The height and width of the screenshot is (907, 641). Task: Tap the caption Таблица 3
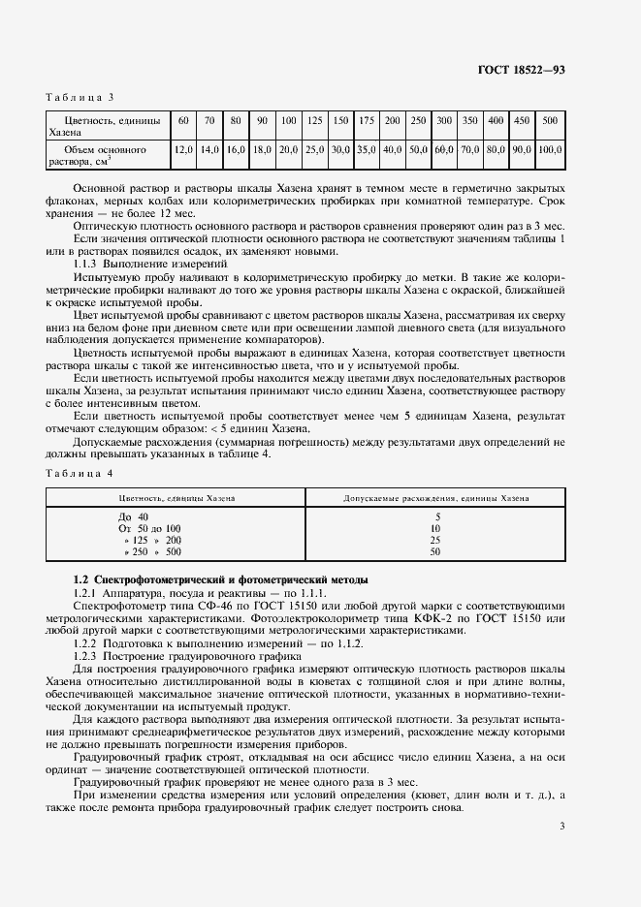(x=80, y=97)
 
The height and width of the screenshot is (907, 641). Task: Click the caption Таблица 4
(x=80, y=472)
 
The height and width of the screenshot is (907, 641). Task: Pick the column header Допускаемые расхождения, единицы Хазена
(x=436, y=498)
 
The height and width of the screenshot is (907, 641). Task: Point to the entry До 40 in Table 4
(x=134, y=516)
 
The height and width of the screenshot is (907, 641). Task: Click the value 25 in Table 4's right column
(x=435, y=540)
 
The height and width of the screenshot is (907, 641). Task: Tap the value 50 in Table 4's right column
(x=435, y=551)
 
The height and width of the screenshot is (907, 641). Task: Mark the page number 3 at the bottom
(x=561, y=798)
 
